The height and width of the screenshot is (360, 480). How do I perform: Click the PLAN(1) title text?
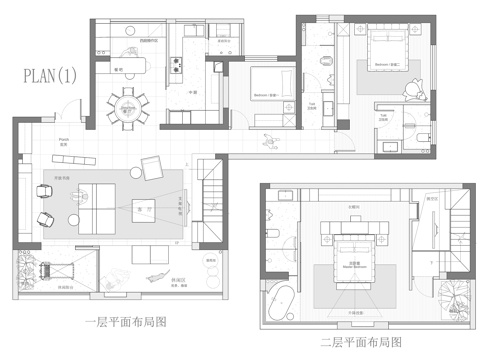45,74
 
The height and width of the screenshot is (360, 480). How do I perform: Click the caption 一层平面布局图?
125,322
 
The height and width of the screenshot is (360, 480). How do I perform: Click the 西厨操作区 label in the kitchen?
149,41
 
